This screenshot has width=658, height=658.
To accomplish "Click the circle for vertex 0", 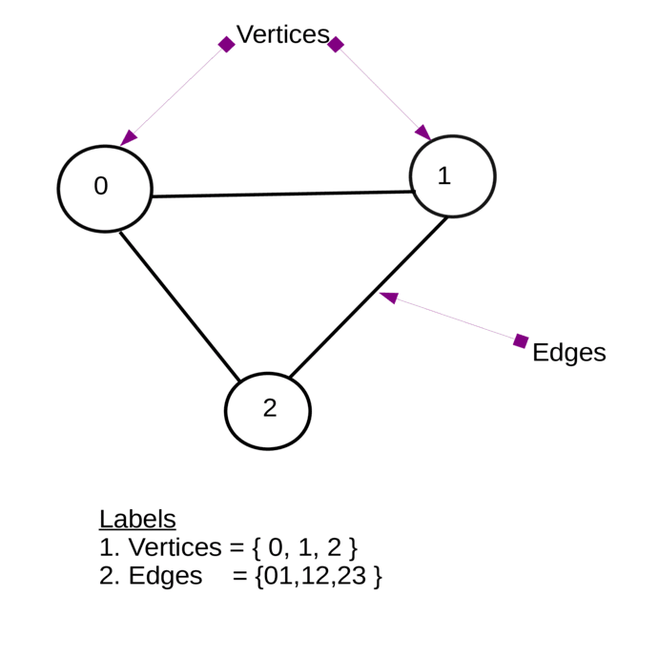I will coord(105,189).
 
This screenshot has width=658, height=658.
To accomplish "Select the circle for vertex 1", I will coord(452,176).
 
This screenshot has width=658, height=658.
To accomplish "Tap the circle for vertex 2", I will coord(268,410).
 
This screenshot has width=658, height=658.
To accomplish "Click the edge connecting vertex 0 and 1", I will coord(282,195).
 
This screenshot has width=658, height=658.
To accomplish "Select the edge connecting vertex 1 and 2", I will coord(368,297).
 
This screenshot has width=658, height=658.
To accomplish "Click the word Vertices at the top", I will coord(282,34).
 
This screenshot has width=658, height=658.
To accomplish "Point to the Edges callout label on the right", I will coord(568,352).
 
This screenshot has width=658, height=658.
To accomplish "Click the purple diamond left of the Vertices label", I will coord(226,44).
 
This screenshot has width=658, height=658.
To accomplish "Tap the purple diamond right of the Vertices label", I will coord(336,44).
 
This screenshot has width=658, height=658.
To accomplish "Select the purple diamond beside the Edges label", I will coord(521,340).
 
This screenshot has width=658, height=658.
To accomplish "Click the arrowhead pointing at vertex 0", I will coord(129,138).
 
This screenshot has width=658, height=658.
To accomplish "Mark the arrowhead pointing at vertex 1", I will coord(422,133).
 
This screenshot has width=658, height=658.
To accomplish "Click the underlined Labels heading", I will coord(137,519).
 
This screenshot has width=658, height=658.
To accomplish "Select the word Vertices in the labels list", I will coord(175,547).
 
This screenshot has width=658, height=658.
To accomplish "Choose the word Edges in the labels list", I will coord(165,576).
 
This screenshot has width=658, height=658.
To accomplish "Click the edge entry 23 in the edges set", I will coord(352,576).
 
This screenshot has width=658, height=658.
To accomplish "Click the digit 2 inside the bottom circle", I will coord(270,408).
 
